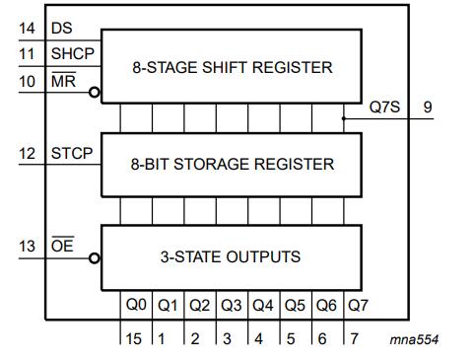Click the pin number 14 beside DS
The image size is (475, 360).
(27, 28)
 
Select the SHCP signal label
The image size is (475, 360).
(73, 53)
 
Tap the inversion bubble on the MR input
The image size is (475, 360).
(95, 93)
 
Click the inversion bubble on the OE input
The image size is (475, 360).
(95, 258)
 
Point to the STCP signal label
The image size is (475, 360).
(72, 153)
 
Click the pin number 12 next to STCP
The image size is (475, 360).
(27, 154)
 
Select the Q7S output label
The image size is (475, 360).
(384, 107)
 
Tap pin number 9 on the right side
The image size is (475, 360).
(428, 107)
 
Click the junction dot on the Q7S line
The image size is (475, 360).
(344, 118)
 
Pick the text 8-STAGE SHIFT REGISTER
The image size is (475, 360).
(233, 67)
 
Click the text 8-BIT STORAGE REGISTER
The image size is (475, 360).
(233, 164)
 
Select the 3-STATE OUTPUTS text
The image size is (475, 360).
(231, 256)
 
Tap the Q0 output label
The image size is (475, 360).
(136, 305)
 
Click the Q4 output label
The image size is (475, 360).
(262, 306)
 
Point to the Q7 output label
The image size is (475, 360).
(358, 306)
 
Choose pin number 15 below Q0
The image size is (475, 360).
(133, 339)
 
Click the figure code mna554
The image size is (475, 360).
(414, 339)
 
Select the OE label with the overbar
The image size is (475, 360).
(62, 245)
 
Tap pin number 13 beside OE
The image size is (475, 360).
(27, 247)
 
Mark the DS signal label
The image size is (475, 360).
(61, 28)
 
